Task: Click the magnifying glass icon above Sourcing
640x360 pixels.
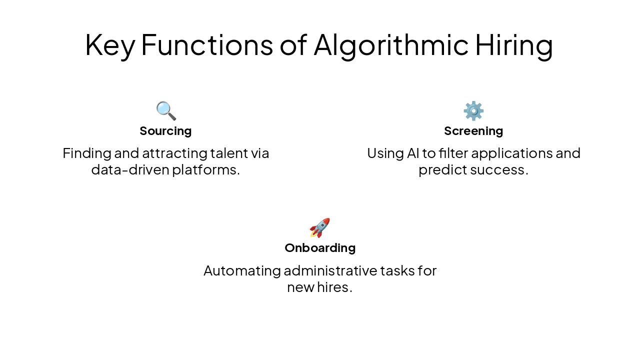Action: coord(166,110)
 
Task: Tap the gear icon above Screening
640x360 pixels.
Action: coord(473,110)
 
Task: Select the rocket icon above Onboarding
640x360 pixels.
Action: coord(320,228)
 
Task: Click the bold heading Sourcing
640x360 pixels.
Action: coord(165,131)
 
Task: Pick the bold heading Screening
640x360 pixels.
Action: coord(473,131)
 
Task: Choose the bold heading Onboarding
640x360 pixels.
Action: coord(320,248)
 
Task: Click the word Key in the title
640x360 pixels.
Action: coord(109,45)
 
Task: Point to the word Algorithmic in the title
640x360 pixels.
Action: coord(390,45)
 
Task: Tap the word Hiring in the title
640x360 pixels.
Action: coord(513,45)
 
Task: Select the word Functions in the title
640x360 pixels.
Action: coord(207,45)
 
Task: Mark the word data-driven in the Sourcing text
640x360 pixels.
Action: coord(130,170)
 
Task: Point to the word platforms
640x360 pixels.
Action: coord(205,170)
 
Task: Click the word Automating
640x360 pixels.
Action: coord(242,271)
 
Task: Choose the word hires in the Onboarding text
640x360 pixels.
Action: coord(333,288)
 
